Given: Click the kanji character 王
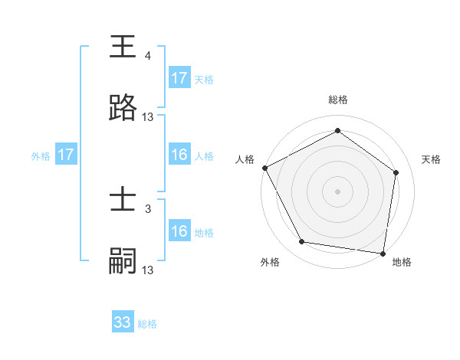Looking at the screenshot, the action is [x=123, y=47].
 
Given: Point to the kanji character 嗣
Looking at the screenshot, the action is [x=123, y=262].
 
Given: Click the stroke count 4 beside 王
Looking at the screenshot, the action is [x=147, y=56].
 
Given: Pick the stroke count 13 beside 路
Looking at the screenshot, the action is [x=148, y=117].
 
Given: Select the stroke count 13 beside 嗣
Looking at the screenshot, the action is [x=148, y=270].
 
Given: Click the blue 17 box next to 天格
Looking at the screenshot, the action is [x=179, y=78].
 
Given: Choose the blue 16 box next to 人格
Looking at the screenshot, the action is [x=179, y=155].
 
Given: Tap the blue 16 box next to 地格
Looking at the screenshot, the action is [x=179, y=231].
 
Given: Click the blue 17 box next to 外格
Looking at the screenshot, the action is [x=65, y=155].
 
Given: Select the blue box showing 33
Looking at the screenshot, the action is [x=123, y=322].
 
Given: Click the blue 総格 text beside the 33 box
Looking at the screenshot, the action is [x=147, y=324].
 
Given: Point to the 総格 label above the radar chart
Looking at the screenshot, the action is [x=338, y=100].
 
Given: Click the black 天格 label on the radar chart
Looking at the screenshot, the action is [x=431, y=159].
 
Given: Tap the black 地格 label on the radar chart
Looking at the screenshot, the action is [x=402, y=263].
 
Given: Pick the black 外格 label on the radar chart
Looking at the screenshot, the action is [x=270, y=263].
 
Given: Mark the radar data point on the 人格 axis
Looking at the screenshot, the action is [x=264, y=168].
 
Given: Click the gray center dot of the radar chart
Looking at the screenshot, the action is [x=337, y=191].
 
